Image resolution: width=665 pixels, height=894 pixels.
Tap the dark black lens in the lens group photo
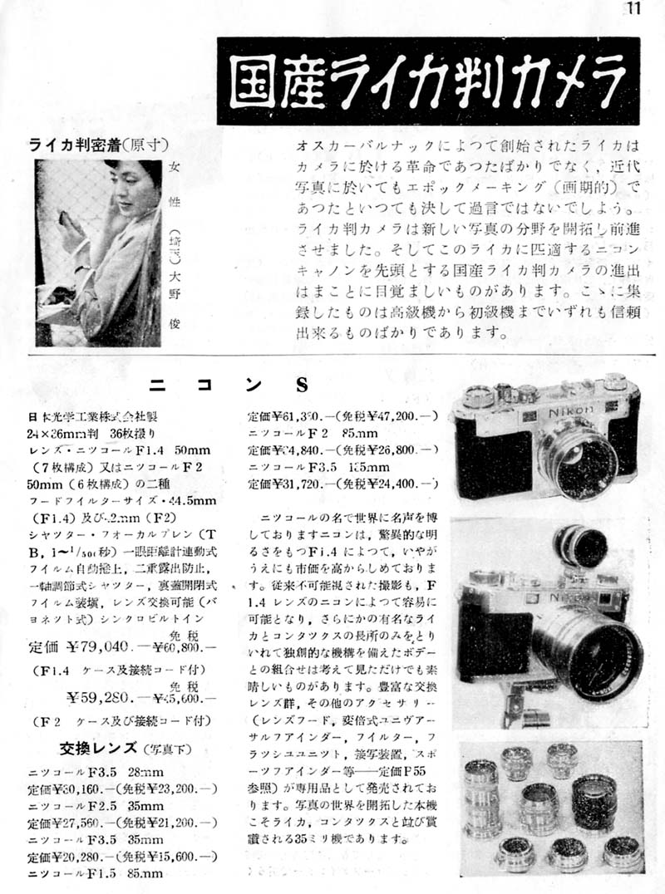click(x=594, y=803)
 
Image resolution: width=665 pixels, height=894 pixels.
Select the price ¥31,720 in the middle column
click(x=294, y=481)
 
